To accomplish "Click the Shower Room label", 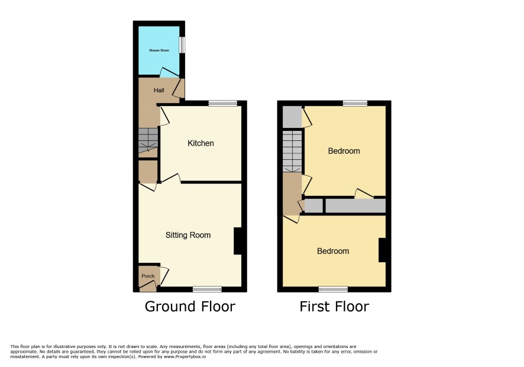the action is (x=159, y=50).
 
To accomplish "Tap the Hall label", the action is (x=159, y=91).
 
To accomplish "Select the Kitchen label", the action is (x=200, y=143).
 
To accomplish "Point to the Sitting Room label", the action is (x=188, y=235).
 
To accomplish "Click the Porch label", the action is (x=148, y=276).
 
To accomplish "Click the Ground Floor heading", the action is (x=190, y=307).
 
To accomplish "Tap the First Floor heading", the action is (x=334, y=307).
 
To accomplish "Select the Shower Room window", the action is (x=182, y=45).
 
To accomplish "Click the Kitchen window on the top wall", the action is (x=223, y=103).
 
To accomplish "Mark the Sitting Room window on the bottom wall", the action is (x=207, y=289).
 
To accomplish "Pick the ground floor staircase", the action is (x=148, y=140).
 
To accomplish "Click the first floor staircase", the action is (x=292, y=151).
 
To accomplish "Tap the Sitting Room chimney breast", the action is (x=238, y=241).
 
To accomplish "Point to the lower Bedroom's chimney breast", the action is (x=382, y=250).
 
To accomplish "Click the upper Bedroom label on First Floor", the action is (x=344, y=151).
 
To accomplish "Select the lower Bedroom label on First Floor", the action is (x=333, y=251).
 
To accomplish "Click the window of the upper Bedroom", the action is (x=355, y=103).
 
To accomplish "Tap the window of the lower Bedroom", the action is (x=333, y=289).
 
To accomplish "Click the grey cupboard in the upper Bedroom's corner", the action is (x=292, y=117).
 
